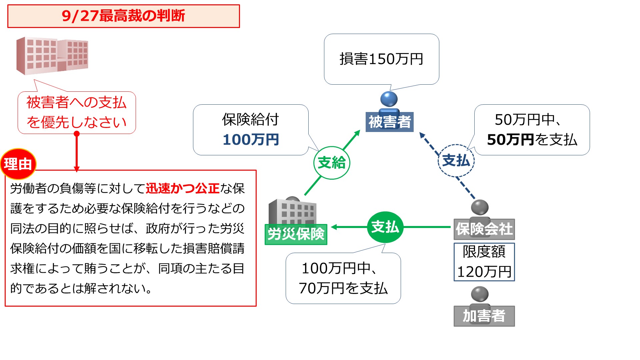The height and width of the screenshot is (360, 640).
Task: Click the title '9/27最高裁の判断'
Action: [x=123, y=16]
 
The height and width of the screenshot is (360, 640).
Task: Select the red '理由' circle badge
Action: [x=18, y=164]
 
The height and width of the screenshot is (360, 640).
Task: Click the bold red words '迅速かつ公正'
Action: [x=182, y=189]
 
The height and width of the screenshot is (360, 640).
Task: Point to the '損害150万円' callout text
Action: [x=381, y=59]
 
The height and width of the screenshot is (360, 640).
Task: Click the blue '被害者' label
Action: [x=389, y=122]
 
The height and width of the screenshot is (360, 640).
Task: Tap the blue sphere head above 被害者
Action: [x=389, y=99]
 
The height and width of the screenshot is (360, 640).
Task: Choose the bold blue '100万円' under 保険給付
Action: [x=251, y=140]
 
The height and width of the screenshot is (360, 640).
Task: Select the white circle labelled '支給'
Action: [x=332, y=163]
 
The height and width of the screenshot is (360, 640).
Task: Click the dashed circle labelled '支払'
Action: [x=456, y=161]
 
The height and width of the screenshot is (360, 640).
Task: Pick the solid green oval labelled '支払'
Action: [x=385, y=227]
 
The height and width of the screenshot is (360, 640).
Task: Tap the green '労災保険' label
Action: [x=296, y=234]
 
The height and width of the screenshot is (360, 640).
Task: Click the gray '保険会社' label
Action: [x=484, y=229]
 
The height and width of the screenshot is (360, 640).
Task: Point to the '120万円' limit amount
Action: [x=484, y=272]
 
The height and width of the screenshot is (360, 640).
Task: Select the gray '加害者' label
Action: [x=484, y=316]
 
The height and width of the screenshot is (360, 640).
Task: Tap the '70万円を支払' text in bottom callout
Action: [x=343, y=288]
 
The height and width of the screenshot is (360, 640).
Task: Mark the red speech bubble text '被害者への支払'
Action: [x=77, y=102]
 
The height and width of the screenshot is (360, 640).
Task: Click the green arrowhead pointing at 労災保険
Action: [x=334, y=227]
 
